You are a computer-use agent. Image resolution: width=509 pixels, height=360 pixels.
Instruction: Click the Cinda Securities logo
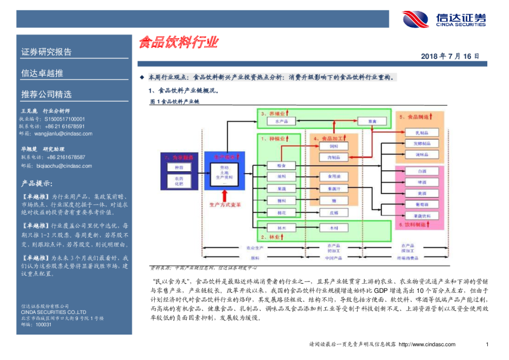[444, 19]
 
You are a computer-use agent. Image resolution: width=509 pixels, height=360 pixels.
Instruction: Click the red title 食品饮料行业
[178, 42]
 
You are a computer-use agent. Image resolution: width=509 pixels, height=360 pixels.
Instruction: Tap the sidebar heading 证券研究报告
[47, 52]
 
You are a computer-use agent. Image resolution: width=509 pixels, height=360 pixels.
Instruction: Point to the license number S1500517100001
[65, 119]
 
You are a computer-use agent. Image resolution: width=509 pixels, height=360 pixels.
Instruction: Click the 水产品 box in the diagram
[280, 122]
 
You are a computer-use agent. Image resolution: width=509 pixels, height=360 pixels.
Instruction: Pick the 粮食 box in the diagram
[280, 165]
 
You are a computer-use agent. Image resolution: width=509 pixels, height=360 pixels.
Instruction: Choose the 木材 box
[334, 228]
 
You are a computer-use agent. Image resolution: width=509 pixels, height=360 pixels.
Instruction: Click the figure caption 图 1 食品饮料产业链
[174, 102]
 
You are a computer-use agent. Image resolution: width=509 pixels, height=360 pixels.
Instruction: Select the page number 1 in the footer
[487, 344]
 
